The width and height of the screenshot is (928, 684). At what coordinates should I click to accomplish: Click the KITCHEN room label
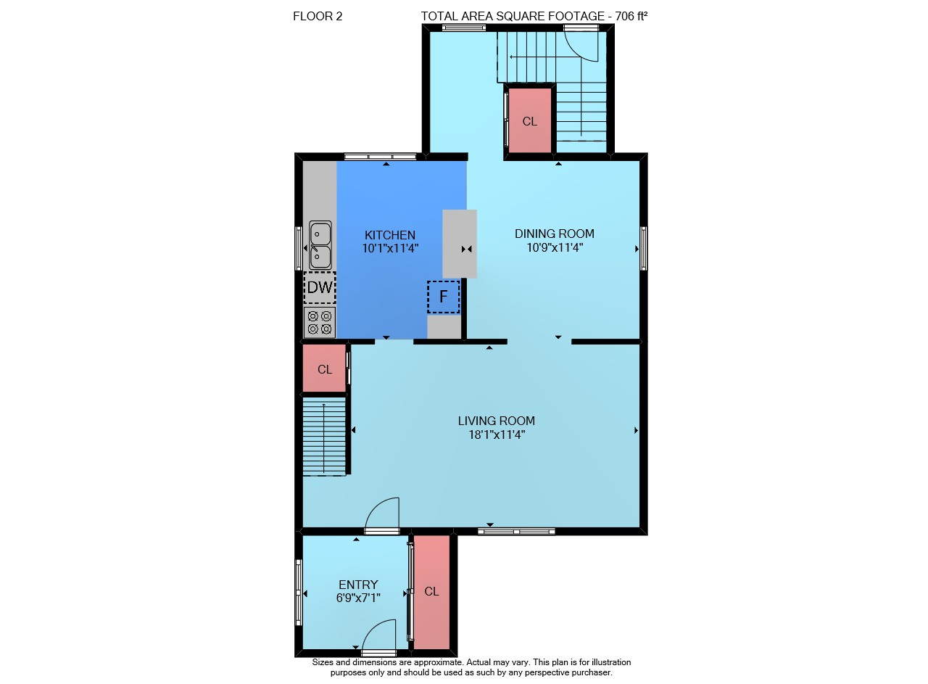tap(390, 235)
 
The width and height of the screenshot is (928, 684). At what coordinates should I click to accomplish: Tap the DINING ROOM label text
tap(555, 234)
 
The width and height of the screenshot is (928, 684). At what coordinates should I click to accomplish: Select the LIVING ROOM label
tap(497, 421)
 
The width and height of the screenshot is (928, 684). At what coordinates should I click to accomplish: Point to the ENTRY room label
tap(358, 585)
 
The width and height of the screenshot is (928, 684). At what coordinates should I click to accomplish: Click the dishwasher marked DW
tap(320, 288)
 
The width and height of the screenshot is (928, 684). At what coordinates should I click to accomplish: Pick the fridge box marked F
tap(443, 297)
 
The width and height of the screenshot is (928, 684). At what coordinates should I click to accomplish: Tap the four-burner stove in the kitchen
tap(320, 323)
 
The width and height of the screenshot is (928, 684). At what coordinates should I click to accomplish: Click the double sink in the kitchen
tap(320, 245)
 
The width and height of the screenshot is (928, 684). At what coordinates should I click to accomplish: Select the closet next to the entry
tap(431, 593)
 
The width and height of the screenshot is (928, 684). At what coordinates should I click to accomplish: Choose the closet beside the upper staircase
tap(530, 120)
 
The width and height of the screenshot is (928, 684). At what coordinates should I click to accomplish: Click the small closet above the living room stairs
tap(324, 368)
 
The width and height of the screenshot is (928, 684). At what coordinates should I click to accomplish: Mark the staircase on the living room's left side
tap(324, 437)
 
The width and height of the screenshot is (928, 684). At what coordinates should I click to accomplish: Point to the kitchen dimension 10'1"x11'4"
tap(390, 249)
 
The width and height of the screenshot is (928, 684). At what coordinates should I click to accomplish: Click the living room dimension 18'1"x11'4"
tap(497, 435)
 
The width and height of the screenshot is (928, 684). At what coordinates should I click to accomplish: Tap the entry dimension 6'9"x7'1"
tap(358, 598)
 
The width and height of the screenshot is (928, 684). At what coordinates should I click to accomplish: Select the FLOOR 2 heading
tap(318, 16)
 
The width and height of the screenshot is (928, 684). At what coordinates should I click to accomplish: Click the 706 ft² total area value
tap(631, 16)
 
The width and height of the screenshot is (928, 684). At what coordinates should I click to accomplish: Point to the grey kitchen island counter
tap(460, 244)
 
